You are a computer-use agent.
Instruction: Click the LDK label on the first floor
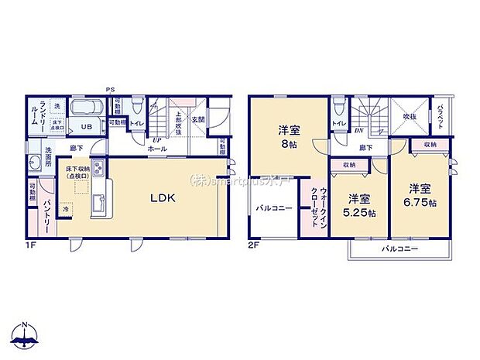coord(163,198)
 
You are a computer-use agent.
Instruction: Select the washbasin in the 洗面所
coord(36,163)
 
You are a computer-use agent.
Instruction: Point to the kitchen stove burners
coord(98,168)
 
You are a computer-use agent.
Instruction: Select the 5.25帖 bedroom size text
coord(362,205)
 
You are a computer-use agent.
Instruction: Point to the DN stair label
coord(359,131)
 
